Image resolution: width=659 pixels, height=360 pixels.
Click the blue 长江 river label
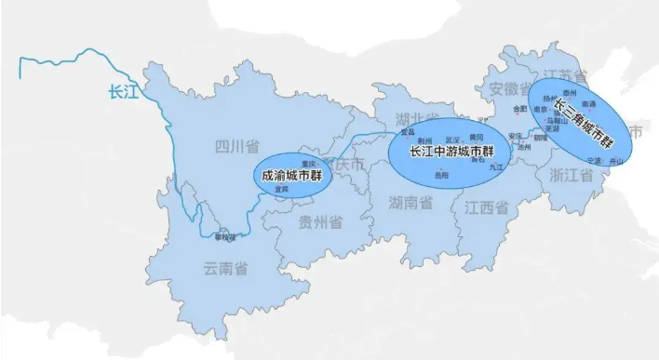pyautogui.click(x=123, y=91)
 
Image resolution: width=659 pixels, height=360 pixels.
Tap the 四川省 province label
pyautogui.click(x=233, y=147)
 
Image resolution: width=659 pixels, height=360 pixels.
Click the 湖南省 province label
pyautogui.click(x=410, y=202)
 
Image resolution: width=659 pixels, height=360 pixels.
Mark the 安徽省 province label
pyautogui.click(x=507, y=89)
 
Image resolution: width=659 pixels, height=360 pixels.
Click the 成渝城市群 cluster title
pyautogui.click(x=291, y=174)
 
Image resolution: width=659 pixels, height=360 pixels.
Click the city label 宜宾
pyautogui.click(x=280, y=189)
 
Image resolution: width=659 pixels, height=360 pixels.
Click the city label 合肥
pyautogui.click(x=519, y=108)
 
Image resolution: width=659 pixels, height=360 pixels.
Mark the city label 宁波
pyautogui.click(x=596, y=160)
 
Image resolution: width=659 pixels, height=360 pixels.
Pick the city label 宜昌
pyautogui.click(x=408, y=132)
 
